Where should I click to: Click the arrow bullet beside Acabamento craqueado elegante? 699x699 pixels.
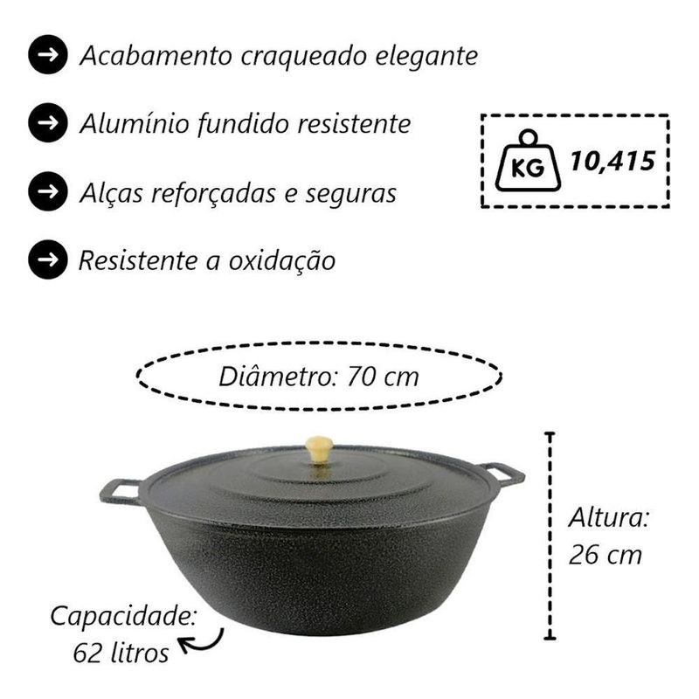click(x=48, y=55)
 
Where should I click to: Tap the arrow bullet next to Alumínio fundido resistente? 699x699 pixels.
click(x=48, y=123)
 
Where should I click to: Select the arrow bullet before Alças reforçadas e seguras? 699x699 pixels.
click(x=48, y=191)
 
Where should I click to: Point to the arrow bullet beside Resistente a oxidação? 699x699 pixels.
click(x=48, y=260)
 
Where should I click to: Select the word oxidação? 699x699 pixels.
click(x=281, y=260)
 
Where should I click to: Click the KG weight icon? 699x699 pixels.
click(x=529, y=161)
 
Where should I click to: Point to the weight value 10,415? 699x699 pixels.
click(x=613, y=161)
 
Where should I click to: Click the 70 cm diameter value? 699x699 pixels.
click(x=383, y=377)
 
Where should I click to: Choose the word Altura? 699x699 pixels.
click(x=609, y=518)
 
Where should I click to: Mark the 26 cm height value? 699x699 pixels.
click(x=606, y=556)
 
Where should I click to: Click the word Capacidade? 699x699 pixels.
click(x=123, y=618)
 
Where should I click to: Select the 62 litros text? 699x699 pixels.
click(x=121, y=654)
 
